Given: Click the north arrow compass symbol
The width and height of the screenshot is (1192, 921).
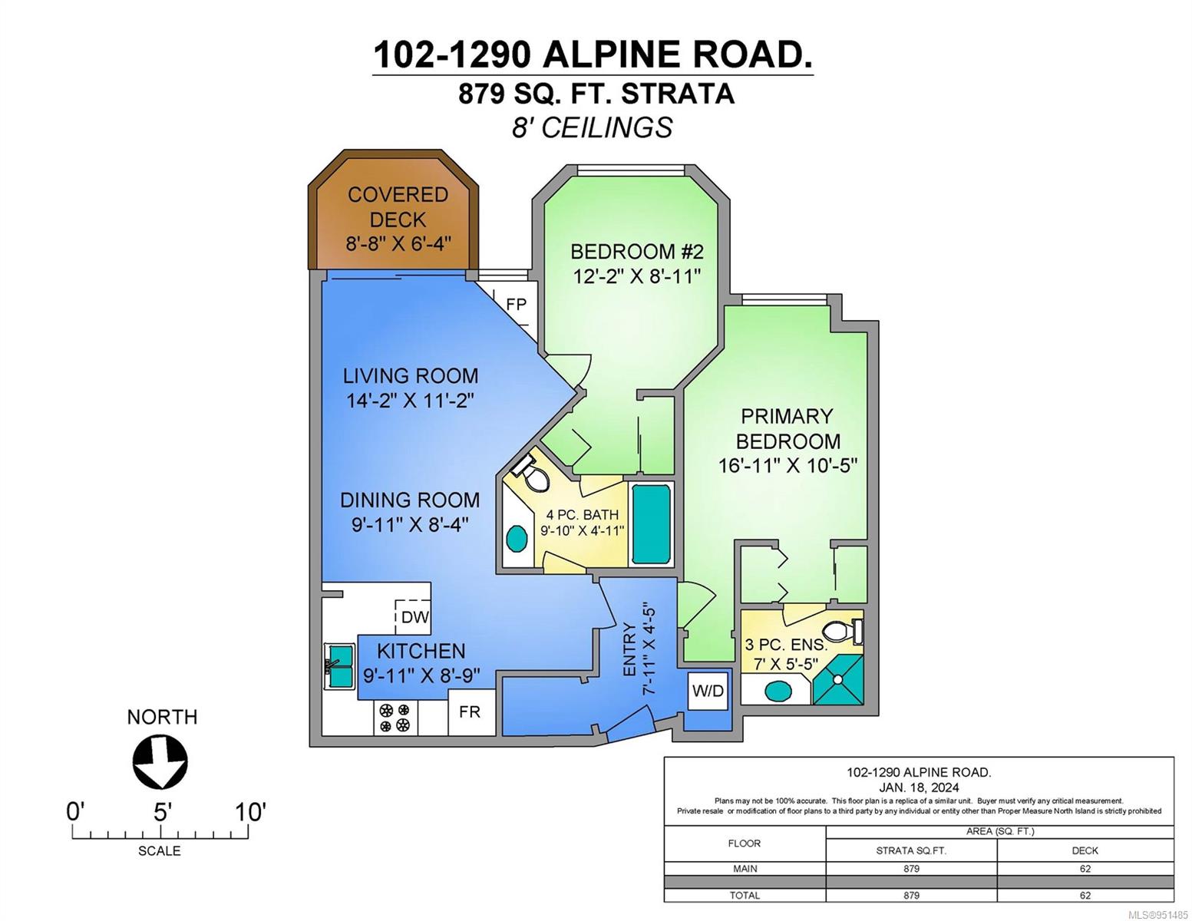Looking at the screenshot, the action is [x=160, y=762].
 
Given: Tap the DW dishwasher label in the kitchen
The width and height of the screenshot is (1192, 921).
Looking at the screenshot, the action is [x=414, y=617].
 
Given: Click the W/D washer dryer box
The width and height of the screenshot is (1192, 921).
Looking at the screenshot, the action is [x=708, y=691].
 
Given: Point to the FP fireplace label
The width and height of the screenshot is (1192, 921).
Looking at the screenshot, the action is [x=517, y=304].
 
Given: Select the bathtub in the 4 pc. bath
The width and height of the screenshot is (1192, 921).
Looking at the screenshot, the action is [x=652, y=524].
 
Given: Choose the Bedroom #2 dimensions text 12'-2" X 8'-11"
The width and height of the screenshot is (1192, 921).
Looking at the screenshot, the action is [x=637, y=276].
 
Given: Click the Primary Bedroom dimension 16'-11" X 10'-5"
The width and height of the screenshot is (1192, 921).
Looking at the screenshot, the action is [x=788, y=466].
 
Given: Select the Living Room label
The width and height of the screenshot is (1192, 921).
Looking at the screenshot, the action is [x=411, y=376].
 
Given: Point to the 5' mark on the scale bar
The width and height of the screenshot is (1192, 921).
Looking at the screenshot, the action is [x=160, y=812].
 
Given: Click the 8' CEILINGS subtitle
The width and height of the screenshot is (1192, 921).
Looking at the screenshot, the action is [x=592, y=128].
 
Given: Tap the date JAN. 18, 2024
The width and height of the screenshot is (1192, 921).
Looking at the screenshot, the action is [x=919, y=787].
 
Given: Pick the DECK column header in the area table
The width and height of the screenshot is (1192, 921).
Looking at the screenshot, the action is [x=1085, y=851].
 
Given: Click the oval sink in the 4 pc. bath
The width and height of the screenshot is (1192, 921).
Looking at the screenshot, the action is [x=516, y=539].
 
